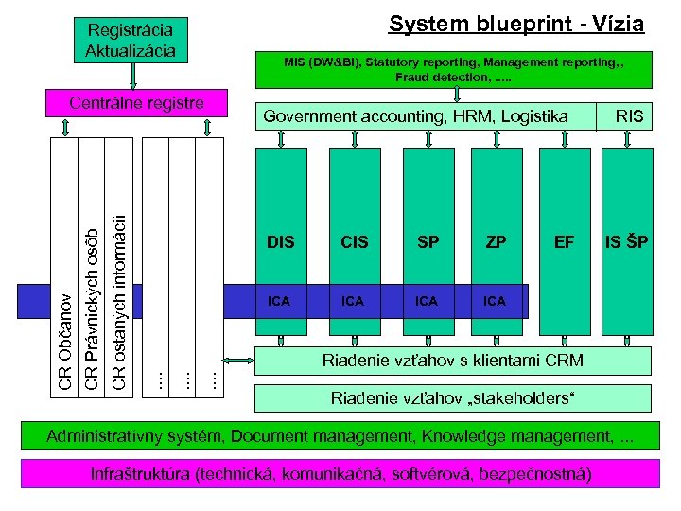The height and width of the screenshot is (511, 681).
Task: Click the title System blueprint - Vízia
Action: (516, 25)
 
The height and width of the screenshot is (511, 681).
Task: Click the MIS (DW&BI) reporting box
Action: (454, 68)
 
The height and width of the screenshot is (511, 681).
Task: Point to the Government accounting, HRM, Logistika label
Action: (415, 116)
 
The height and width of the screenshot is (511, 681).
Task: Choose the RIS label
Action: (629, 116)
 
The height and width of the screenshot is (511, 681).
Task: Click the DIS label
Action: (281, 243)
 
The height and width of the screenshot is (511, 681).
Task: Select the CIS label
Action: (354, 243)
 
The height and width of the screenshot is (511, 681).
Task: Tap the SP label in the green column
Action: (428, 243)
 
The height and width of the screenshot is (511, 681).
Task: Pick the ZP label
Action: (496, 243)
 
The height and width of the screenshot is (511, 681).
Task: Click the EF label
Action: (565, 243)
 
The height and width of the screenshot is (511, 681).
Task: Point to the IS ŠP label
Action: (626, 243)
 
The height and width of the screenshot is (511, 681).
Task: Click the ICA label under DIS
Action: (279, 301)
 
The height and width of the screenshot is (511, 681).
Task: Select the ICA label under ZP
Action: (495, 301)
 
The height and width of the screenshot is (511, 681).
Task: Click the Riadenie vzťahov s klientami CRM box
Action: (452, 361)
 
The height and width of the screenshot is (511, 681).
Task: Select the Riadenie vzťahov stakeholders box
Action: (452, 397)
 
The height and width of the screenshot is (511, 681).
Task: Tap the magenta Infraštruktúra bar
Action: (341, 472)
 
